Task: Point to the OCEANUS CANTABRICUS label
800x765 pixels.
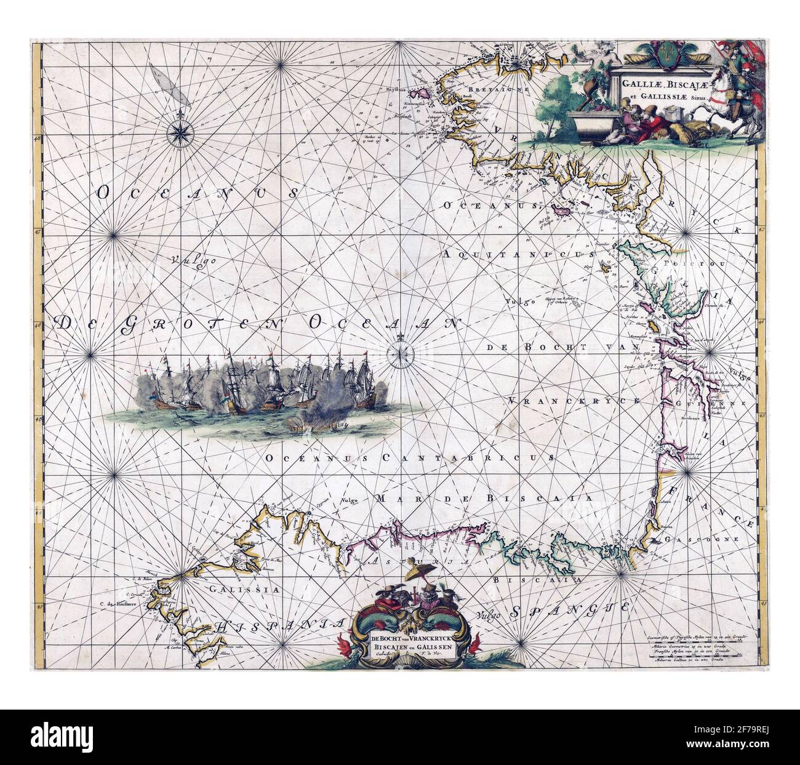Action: pos(409,458)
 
